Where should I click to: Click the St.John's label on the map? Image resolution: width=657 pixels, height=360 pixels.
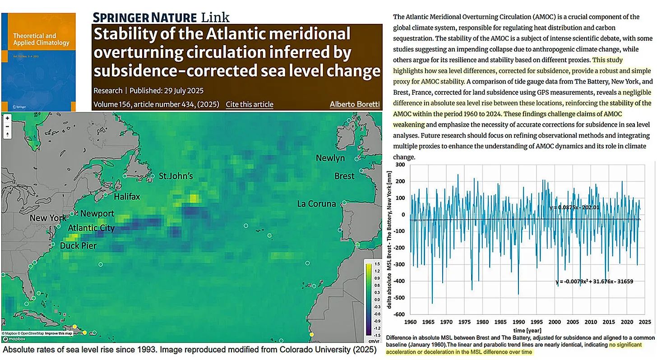[176, 176]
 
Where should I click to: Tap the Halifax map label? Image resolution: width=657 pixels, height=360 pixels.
[127, 197]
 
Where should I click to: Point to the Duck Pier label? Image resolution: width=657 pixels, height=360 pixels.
[78, 246]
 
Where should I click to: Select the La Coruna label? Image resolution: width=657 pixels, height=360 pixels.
[316, 203]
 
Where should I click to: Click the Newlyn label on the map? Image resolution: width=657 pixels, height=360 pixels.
[330, 158]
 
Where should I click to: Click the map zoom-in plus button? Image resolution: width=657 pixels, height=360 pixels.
[8, 118]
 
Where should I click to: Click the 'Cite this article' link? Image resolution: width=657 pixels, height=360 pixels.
[250, 104]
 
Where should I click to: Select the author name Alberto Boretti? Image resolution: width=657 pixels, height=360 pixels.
[355, 104]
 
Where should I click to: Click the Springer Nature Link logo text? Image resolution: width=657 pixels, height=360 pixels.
[161, 18]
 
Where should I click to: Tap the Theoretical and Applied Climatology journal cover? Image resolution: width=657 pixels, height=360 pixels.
[38, 62]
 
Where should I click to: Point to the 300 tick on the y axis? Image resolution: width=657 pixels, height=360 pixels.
[399, 165]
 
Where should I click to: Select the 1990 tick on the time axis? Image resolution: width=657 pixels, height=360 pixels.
[519, 323]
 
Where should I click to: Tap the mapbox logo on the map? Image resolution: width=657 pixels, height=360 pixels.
[13, 339]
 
